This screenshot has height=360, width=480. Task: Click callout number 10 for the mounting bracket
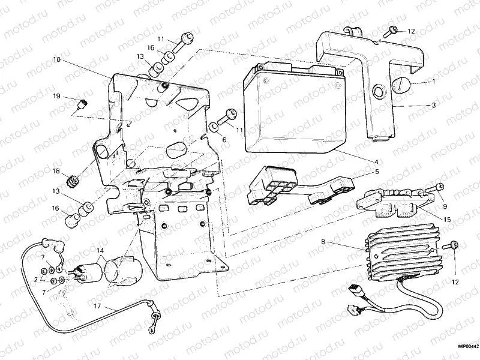[x=56, y=59]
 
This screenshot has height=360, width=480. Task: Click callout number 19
[x=56, y=96]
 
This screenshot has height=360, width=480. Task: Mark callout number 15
[x=447, y=220]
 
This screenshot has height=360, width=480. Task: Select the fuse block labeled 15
[x=391, y=202]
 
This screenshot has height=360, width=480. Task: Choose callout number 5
[x=376, y=172]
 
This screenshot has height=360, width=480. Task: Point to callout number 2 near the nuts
[x=37, y=280]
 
